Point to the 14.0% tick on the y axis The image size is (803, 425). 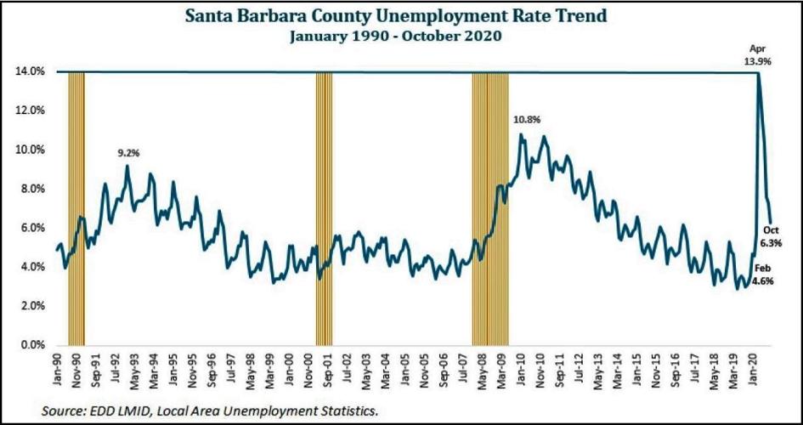pyautogui.click(x=30, y=72)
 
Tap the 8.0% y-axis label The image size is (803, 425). pyautogui.click(x=31, y=190)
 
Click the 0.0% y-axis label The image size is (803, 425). pyautogui.click(x=31, y=346)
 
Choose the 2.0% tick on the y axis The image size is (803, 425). pyautogui.click(x=31, y=307)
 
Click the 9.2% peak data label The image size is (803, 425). pyautogui.click(x=128, y=153)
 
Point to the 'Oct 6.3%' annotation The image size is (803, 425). pyautogui.click(x=770, y=236)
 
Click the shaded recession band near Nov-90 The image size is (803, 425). pyautogui.click(x=76, y=208)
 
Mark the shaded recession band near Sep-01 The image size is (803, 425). pyautogui.click(x=324, y=208)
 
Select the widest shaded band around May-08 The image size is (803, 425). pyautogui.click(x=490, y=208)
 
